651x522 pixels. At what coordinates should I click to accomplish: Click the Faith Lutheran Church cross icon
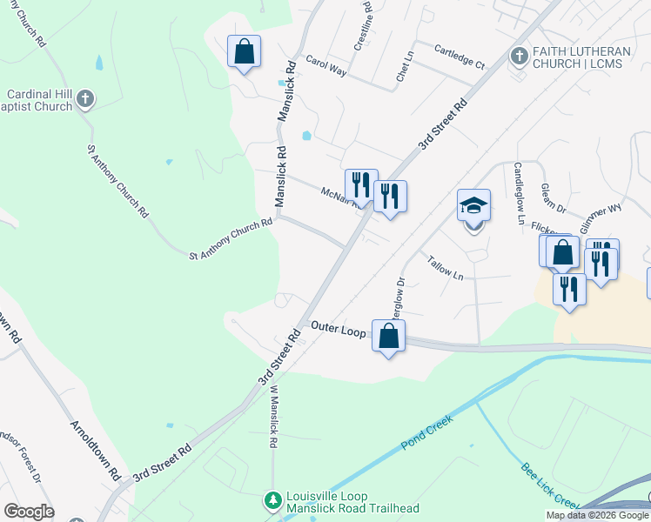pos(519,56)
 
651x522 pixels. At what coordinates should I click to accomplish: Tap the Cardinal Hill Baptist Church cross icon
pos(85,99)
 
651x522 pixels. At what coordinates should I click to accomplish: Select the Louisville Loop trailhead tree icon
pos(273,500)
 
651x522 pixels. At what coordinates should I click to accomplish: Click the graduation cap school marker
pos(473,207)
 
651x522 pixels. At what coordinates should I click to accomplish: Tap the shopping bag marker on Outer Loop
pos(388,336)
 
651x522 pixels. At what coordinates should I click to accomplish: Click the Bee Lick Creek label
pos(550,486)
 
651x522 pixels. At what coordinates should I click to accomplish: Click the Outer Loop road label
pos(338,329)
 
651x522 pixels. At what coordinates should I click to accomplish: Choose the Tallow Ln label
pos(445,266)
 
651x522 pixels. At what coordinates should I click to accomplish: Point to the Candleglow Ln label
pos(520,192)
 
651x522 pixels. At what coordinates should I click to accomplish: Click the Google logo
pos(29,512)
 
